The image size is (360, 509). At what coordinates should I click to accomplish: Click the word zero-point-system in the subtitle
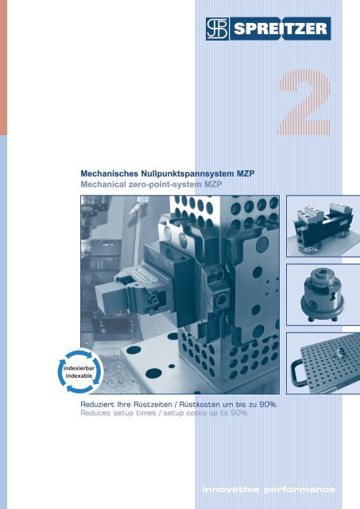[168, 184]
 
